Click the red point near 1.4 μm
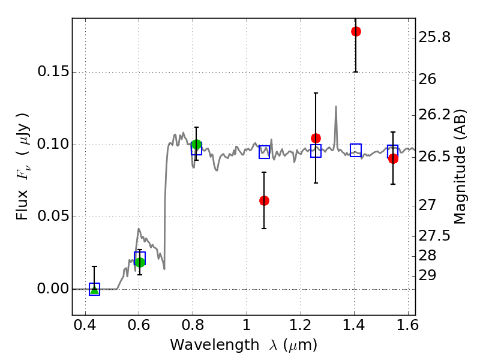pyautogui.click(x=356, y=31)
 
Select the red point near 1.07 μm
pyautogui.click(x=264, y=200)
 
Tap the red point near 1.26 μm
pyautogui.click(x=316, y=138)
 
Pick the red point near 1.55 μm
pyautogui.click(x=393, y=158)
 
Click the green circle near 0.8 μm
pyautogui.click(x=196, y=145)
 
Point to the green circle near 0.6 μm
pyautogui.click(x=140, y=262)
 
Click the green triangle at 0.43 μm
pyautogui.click(x=94, y=290)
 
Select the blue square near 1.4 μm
pyautogui.click(x=356, y=151)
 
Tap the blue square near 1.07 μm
pyautogui.click(x=264, y=152)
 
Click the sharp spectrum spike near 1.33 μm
pyautogui.click(x=336, y=107)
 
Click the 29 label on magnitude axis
pyautogui.click(x=427, y=275)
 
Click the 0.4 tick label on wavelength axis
pyautogui.click(x=85, y=328)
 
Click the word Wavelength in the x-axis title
pyautogui.click(x=203, y=345)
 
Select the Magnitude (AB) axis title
pyautogui.click(x=460, y=166)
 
